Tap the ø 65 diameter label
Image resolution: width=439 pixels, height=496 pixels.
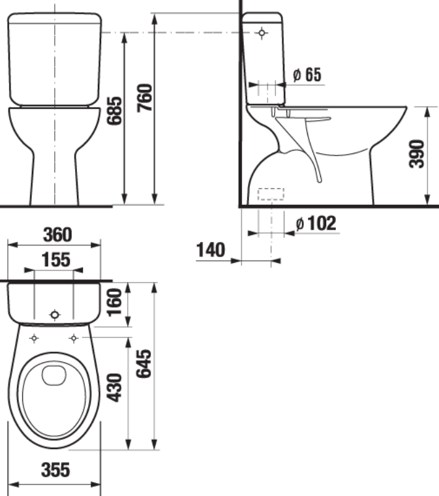(307, 75)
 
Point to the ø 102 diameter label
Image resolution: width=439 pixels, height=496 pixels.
(316, 223)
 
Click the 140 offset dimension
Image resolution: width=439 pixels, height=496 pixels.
(210, 250)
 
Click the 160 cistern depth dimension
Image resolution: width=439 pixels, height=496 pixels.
(115, 302)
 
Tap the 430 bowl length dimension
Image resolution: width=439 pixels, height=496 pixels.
(115, 388)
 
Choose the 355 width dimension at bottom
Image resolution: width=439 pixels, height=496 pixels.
(55, 471)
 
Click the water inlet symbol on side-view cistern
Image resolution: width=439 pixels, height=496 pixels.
(262, 32)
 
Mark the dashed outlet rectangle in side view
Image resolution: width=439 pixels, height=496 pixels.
(271, 194)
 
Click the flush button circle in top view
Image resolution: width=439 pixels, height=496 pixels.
(54, 315)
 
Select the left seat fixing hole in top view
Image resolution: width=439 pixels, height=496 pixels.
(34, 337)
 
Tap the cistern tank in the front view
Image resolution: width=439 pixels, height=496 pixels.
(55, 59)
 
